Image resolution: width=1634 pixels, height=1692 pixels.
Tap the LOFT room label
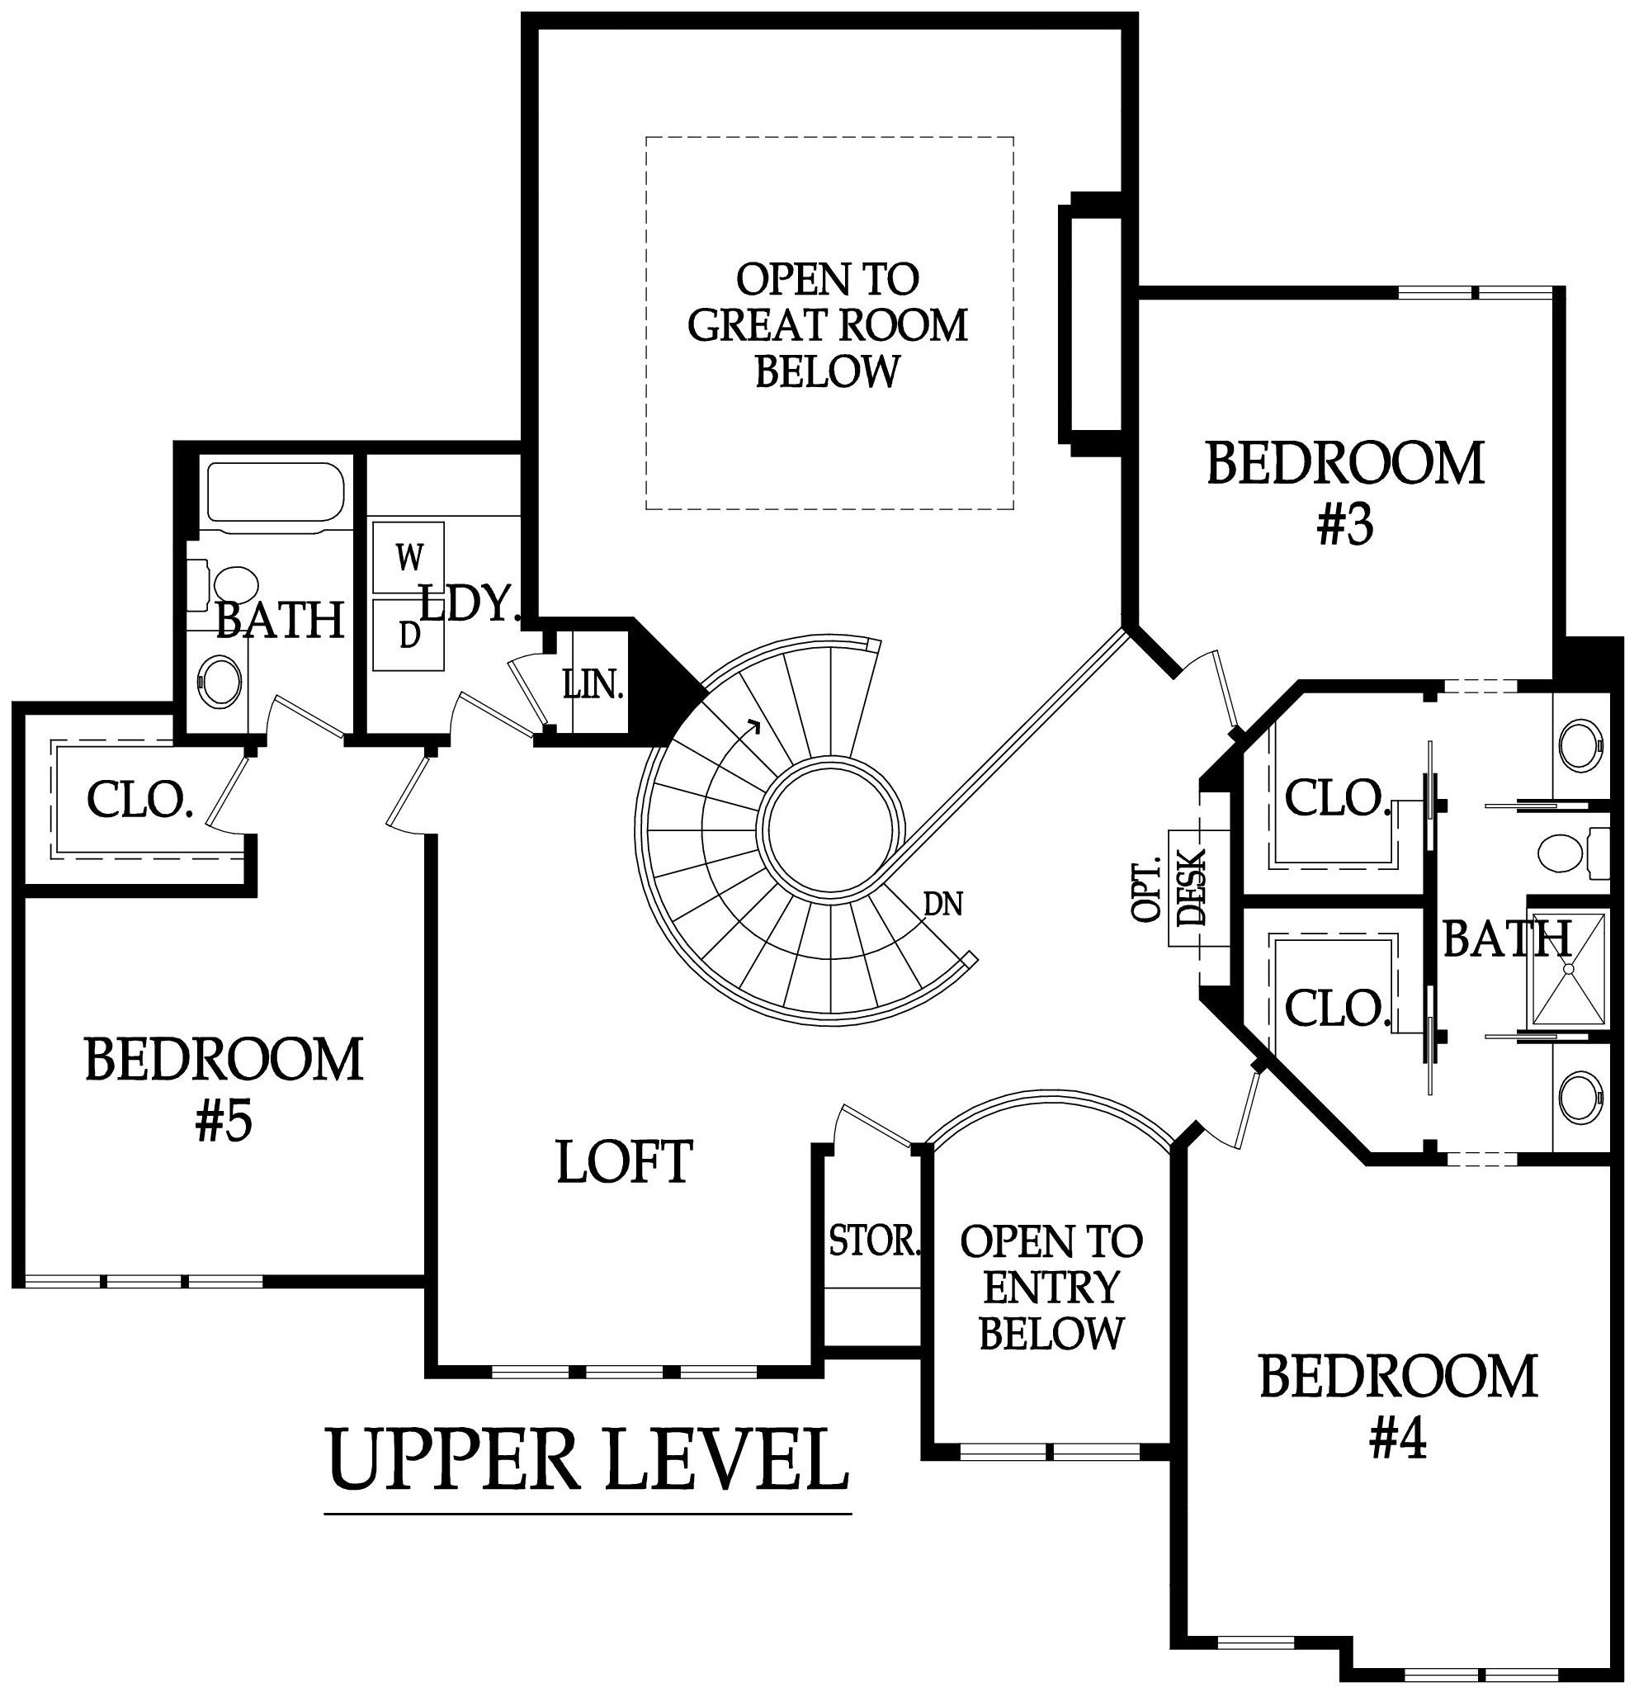[x=625, y=1161]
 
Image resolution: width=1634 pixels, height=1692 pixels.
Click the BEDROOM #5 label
[x=224, y=1090]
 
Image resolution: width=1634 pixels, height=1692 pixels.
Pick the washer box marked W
[x=409, y=557]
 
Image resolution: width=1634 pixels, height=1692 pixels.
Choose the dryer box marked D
[x=409, y=635]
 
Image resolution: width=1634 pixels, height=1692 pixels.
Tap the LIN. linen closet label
[x=593, y=687]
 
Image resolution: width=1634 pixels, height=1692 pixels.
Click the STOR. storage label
[x=876, y=1241]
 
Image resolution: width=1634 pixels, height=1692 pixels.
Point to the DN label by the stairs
[x=942, y=904]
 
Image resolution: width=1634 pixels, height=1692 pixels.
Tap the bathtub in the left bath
[x=276, y=493]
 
